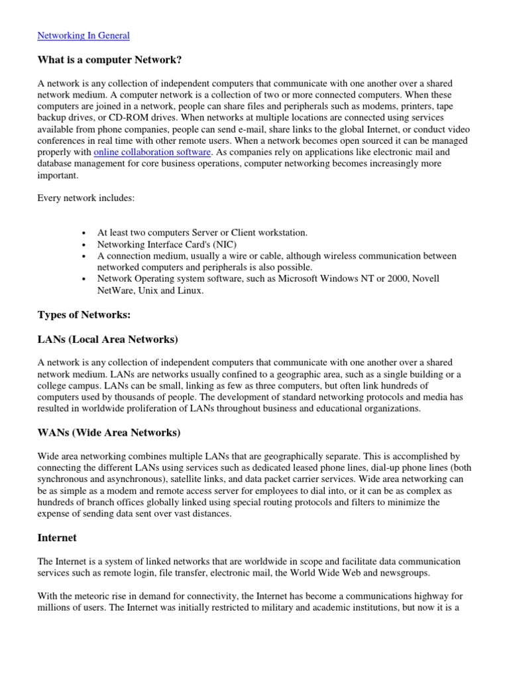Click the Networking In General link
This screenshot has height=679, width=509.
point(83,36)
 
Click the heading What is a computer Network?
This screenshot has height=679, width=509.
point(109,60)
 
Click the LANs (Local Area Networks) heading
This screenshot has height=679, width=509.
point(107,339)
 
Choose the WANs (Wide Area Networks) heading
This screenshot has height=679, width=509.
point(109,433)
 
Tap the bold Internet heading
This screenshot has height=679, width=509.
point(57,538)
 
